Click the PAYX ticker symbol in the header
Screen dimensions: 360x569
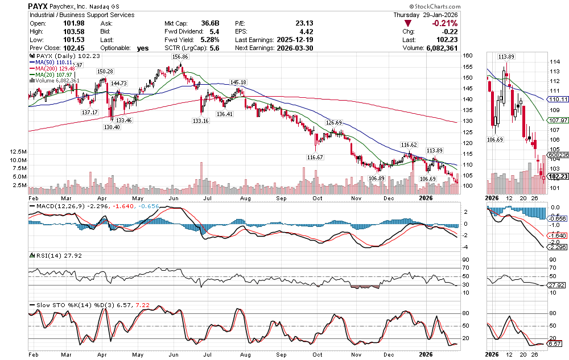38,5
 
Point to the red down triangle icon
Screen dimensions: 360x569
408,23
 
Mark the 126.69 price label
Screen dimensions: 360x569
333,122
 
